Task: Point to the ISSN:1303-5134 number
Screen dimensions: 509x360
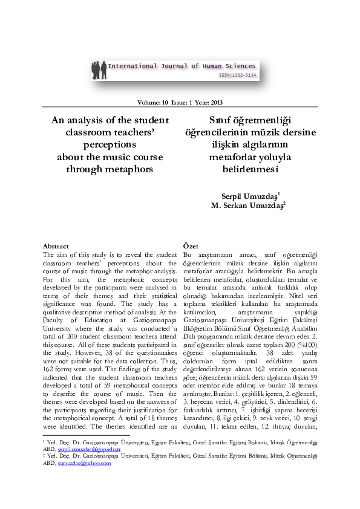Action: [x=238, y=76]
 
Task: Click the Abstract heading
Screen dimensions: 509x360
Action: [x=56, y=246]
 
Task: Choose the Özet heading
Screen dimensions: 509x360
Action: [x=191, y=246]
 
